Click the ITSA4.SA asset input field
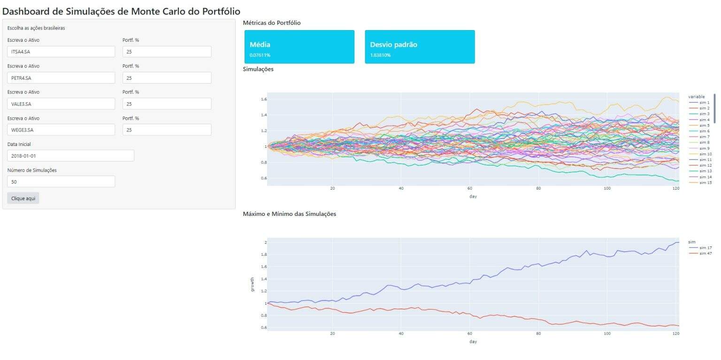coord(61,52)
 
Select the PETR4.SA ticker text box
coord(61,78)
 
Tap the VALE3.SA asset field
coord(61,104)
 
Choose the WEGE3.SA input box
coord(61,130)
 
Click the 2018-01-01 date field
coord(70,156)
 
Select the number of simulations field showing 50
coord(61,182)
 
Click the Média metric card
coord(299,47)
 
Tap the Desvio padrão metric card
coord(420,47)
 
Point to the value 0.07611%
coord(260,55)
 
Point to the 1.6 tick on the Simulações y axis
coord(264,100)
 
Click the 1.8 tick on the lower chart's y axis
coord(264,254)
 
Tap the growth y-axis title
coord(252,284)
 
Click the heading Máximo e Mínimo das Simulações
coord(289,214)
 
